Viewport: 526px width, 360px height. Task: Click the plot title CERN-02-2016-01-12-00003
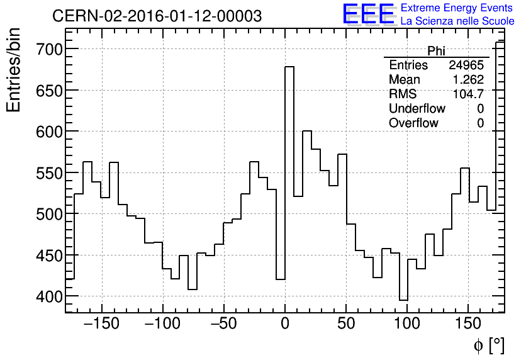click(x=157, y=16)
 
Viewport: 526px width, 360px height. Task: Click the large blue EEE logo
click(x=368, y=14)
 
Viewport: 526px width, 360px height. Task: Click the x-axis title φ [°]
click(x=489, y=345)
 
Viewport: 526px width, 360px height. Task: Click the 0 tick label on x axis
click(x=285, y=324)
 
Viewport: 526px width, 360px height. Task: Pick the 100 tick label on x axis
click(x=407, y=324)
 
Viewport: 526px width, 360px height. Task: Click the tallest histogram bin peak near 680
click(x=289, y=67)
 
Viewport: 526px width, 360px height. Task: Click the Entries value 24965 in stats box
click(x=466, y=65)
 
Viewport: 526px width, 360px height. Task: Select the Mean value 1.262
click(x=468, y=80)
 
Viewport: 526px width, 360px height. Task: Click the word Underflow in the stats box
click(x=417, y=109)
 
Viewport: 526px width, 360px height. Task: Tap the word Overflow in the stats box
click(x=413, y=123)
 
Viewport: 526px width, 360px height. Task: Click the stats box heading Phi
click(x=436, y=51)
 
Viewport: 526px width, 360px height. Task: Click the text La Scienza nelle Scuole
click(x=457, y=21)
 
